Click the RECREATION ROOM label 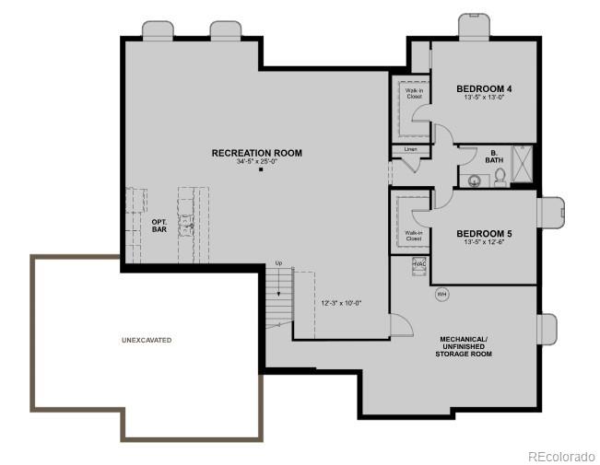click(x=256, y=153)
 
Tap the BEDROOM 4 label click(x=484, y=89)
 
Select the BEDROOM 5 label click(x=484, y=234)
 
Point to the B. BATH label click(x=494, y=157)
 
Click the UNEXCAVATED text click(x=147, y=340)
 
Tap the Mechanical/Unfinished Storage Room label click(x=464, y=346)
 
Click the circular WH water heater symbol click(x=441, y=295)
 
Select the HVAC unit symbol click(x=419, y=264)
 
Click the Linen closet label click(x=410, y=149)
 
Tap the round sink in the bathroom click(x=475, y=180)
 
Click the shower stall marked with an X click(x=523, y=166)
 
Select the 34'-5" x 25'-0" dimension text click(x=256, y=162)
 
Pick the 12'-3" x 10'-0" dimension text click(x=341, y=302)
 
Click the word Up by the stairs click(x=278, y=264)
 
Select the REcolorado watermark click(x=560, y=456)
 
